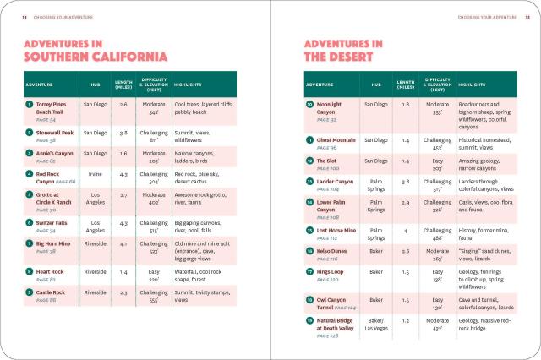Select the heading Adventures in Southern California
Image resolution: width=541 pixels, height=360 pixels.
tap(95, 50)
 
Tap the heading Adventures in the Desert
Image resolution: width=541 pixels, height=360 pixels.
tap(342, 50)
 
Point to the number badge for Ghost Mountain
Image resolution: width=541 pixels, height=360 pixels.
tap(309, 139)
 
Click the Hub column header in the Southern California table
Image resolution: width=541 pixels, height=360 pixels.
tap(94, 85)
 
